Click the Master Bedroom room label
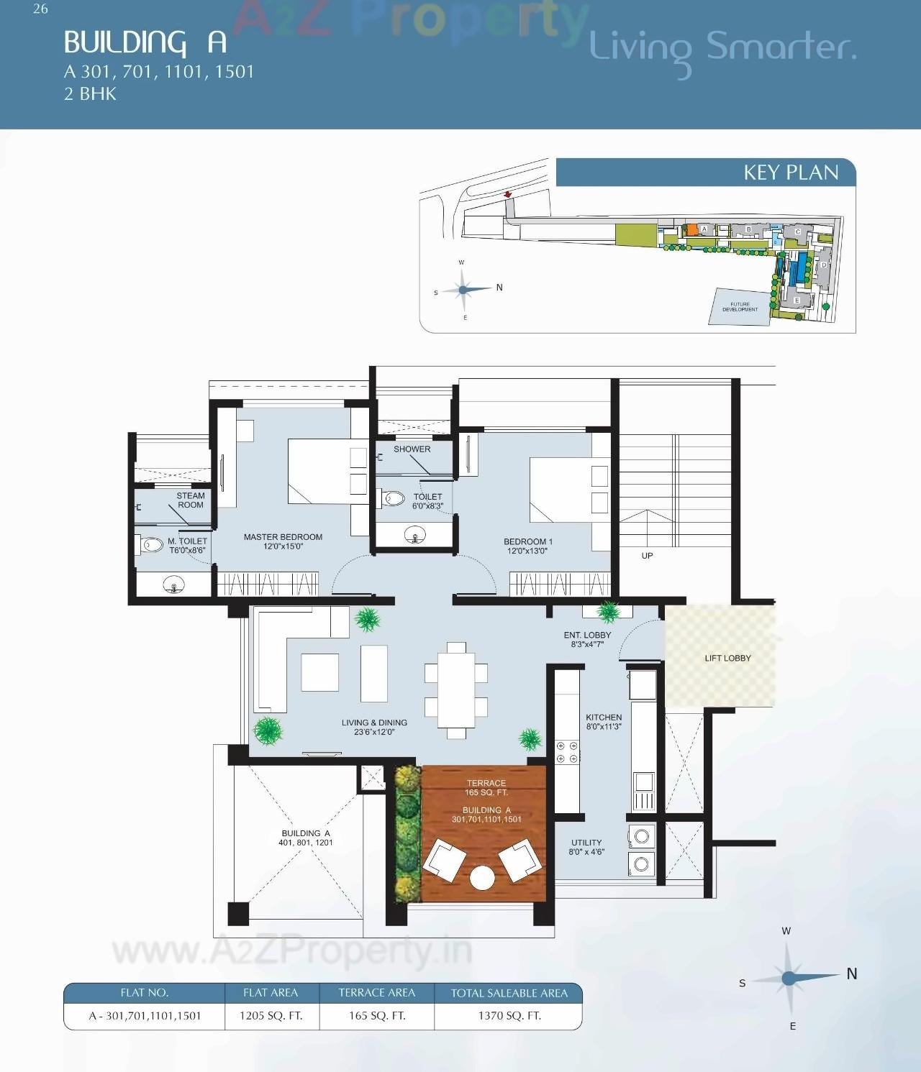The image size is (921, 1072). (283, 541)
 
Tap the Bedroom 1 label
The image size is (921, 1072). (527, 546)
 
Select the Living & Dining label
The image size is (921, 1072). (374, 727)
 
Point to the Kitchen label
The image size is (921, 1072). (604, 722)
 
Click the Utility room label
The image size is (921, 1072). (586, 847)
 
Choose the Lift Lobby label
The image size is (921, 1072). (727, 658)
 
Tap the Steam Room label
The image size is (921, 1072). (191, 500)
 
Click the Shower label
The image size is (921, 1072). (412, 449)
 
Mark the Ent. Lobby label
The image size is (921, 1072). (587, 639)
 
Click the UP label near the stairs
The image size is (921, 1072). (647, 556)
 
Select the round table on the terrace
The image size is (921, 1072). (481, 878)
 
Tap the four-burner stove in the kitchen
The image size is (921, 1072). (567, 752)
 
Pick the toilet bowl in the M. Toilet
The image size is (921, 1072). (151, 544)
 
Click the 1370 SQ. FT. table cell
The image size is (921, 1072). (509, 1016)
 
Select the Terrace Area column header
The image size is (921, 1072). (376, 993)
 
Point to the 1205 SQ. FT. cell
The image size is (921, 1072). (271, 1016)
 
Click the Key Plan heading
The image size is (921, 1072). (790, 173)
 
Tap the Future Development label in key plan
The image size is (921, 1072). (740, 307)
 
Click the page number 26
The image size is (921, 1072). (40, 9)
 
